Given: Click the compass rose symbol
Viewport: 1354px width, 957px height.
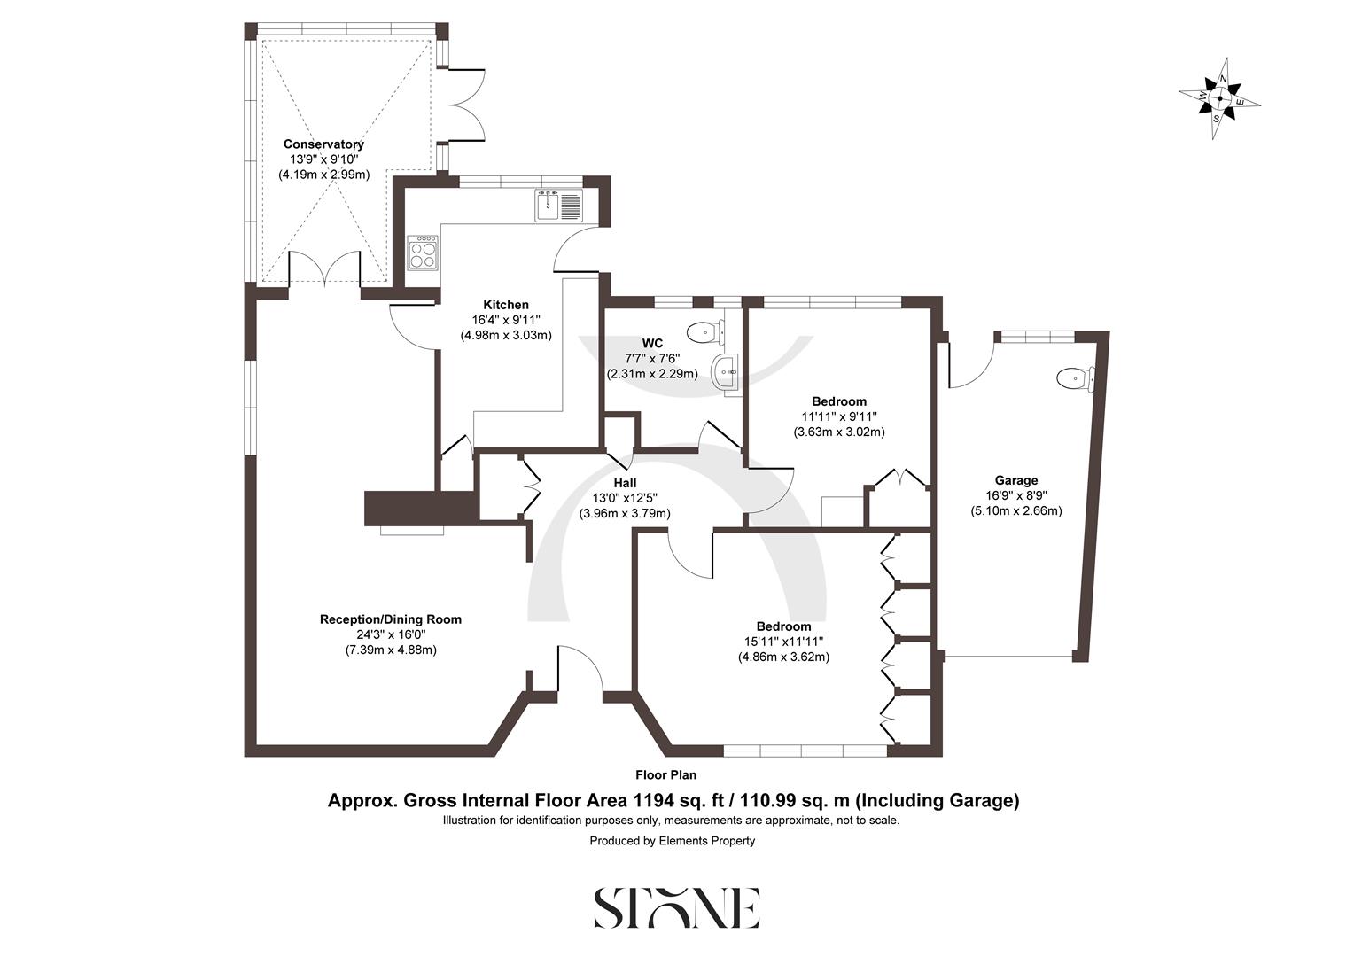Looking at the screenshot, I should tap(1219, 97).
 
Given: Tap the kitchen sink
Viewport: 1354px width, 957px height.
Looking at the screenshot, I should tap(557, 205).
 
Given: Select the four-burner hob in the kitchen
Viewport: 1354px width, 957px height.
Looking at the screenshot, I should tap(423, 253).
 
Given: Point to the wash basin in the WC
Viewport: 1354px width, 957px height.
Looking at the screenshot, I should tap(726, 371).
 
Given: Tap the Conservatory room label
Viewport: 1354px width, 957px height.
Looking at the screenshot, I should tap(323, 144).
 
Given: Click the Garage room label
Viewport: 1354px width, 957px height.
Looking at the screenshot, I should tap(1015, 480).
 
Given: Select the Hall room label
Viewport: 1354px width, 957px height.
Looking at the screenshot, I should tap(625, 482).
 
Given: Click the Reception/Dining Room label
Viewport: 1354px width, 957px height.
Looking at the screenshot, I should tap(391, 619).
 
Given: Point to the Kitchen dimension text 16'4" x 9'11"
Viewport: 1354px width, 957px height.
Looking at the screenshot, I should tap(506, 320).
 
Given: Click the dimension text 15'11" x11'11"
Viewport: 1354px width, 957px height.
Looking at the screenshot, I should tap(783, 642).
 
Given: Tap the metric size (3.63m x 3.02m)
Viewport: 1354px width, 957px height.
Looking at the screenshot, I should tap(838, 432).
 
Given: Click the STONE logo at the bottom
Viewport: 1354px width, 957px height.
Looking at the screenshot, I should tap(676, 907).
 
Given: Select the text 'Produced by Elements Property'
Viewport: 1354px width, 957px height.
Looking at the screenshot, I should tap(673, 841).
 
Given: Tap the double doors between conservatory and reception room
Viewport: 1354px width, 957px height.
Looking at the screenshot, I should tap(325, 269).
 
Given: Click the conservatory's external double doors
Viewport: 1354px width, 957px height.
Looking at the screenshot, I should tap(466, 104).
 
